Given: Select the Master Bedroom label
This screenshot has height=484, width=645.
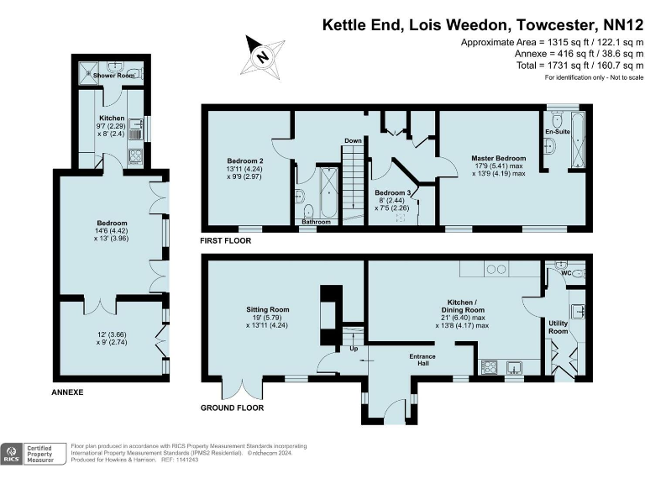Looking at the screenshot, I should click(499, 158).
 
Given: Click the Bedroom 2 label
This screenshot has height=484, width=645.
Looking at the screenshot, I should click(245, 160).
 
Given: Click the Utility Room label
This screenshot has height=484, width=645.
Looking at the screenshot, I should click(558, 327).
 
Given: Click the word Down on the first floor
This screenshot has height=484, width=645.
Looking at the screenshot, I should click(353, 141).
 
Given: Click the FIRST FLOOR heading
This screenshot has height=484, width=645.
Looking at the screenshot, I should click(225, 240).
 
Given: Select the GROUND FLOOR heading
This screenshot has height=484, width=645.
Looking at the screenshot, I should click(232, 408).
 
